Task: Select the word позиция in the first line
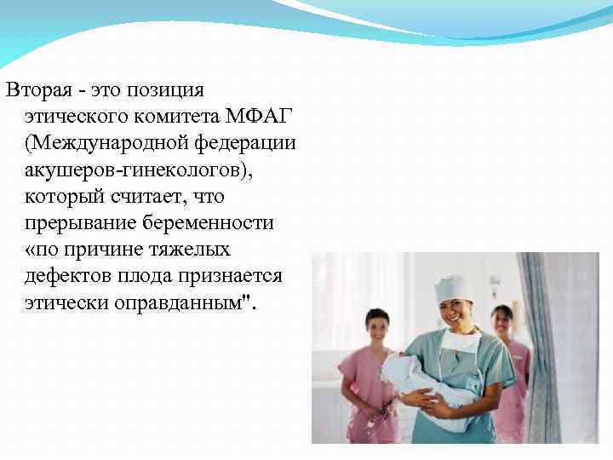click(175, 89)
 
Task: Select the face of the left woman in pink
click(376, 325)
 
